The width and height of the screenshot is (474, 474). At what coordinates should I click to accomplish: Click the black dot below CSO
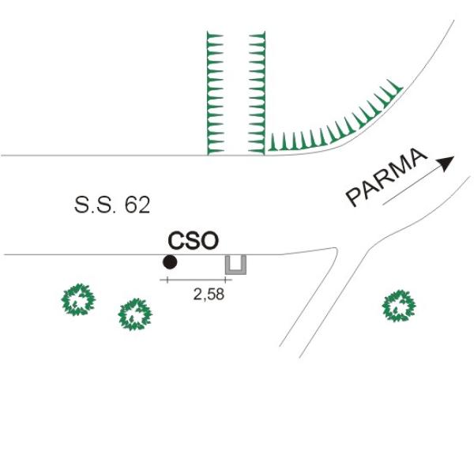(x=170, y=262)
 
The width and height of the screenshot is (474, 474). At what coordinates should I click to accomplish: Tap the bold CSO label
(x=194, y=241)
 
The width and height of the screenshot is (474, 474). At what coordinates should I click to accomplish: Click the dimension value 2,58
(x=209, y=294)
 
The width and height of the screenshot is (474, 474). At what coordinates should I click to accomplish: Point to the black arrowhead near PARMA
(x=447, y=164)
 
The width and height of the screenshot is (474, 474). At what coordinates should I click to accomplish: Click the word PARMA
(x=386, y=177)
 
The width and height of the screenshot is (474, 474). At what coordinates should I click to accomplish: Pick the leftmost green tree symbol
(x=78, y=299)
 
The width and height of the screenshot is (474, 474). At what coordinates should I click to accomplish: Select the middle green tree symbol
(x=135, y=314)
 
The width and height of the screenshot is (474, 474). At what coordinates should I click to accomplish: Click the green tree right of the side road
(x=399, y=306)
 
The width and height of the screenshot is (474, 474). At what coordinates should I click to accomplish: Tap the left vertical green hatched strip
(x=215, y=93)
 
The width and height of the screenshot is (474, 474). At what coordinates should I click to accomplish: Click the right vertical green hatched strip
(x=258, y=93)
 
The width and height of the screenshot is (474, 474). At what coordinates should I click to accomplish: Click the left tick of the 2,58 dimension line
(x=167, y=280)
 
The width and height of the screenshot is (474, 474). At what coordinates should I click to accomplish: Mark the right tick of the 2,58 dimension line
(x=225, y=280)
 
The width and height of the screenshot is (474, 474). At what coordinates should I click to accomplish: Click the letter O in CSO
(x=209, y=241)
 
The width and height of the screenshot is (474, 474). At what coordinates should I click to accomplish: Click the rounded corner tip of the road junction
(x=337, y=249)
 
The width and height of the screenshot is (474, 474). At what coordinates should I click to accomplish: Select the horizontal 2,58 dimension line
(x=196, y=280)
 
